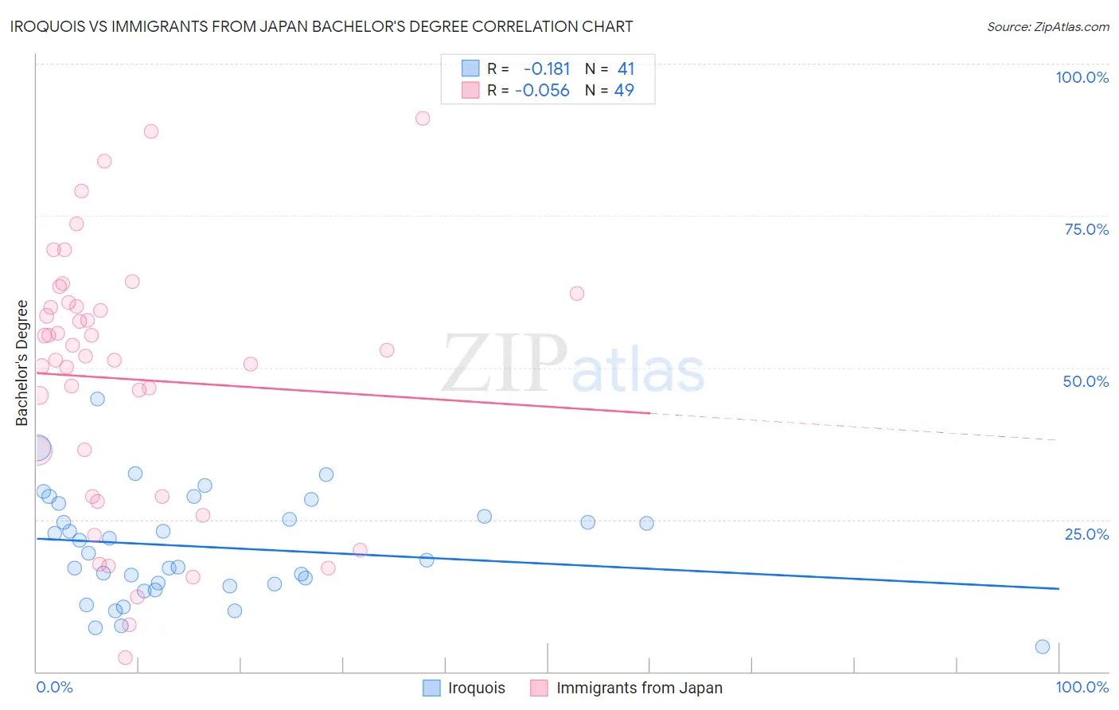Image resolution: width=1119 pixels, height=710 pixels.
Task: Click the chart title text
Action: coord(322,26)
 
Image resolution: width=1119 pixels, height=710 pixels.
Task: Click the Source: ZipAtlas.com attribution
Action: coord(1047,26)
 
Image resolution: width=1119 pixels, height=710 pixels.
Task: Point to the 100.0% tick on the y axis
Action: coord(1082,77)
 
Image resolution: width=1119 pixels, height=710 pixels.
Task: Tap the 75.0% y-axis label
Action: coord(1086,229)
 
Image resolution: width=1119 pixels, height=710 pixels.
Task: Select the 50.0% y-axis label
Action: coord(1086,381)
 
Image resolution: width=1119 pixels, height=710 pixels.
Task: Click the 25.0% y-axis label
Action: coord(1086,534)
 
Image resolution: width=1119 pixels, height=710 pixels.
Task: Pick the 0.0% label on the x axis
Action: coord(54,687)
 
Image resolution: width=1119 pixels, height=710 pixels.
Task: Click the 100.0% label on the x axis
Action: coord(1082,687)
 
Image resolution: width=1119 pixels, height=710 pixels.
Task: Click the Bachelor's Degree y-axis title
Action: coord(22,363)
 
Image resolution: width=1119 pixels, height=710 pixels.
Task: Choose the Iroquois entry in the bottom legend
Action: coord(476,688)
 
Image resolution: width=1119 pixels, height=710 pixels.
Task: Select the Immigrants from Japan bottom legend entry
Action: coord(639,688)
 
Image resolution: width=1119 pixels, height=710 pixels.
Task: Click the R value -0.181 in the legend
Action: coord(547,68)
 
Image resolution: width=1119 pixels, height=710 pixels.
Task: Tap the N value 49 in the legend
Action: coord(624,90)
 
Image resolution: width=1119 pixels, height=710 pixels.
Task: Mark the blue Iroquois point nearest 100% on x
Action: coord(1043,646)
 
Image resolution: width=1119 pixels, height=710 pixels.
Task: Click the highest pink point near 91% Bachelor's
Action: coord(423,119)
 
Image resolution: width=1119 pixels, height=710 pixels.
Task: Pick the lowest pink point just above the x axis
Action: coord(125,657)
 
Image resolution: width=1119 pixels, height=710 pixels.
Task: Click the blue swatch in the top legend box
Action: coord(470,68)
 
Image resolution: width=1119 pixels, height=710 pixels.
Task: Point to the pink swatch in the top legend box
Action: coord(470,90)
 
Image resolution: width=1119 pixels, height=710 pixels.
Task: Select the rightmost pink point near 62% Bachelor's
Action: coord(577,294)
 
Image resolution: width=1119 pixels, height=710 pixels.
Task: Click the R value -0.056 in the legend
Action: coord(542,90)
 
